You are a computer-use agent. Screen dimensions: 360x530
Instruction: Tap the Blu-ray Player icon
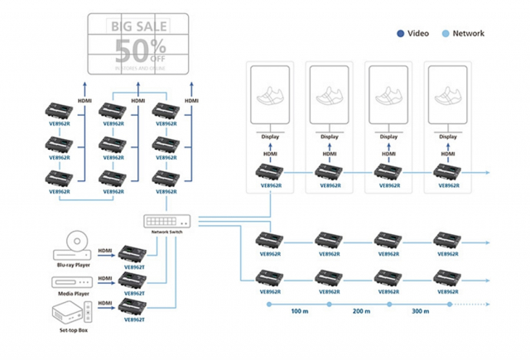click(74, 243)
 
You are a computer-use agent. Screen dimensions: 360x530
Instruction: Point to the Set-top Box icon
click(74, 313)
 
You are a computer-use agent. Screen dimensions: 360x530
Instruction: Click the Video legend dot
click(401, 34)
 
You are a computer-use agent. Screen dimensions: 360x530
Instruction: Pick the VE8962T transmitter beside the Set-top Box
click(134, 307)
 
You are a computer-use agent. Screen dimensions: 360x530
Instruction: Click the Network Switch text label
click(166, 233)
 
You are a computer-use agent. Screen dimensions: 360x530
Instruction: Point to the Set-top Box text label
click(74, 330)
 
